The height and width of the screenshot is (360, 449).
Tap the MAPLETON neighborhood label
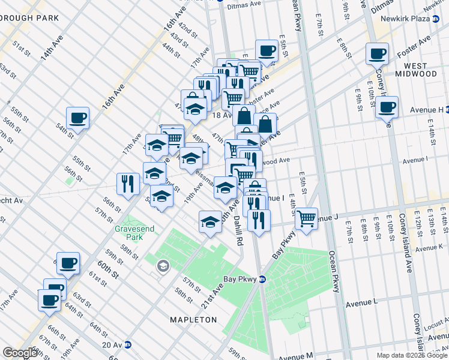pyautogui.click(x=194, y=320)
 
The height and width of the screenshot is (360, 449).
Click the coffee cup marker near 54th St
pyautogui.click(x=77, y=118)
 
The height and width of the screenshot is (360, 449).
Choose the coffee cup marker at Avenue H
pyautogui.click(x=387, y=107)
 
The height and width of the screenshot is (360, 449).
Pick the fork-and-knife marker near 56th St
pyautogui.click(x=127, y=183)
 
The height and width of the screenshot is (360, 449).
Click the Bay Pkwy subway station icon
pyautogui.click(x=262, y=279)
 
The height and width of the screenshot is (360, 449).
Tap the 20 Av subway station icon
pyautogui.click(x=128, y=344)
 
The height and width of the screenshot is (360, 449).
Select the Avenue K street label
pyautogui.click(x=429, y=247)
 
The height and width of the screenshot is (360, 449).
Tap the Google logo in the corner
pyautogui.click(x=20, y=353)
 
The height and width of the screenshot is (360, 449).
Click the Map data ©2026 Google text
pyautogui.click(x=411, y=355)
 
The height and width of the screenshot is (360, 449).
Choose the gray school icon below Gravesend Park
pyautogui.click(x=163, y=266)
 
